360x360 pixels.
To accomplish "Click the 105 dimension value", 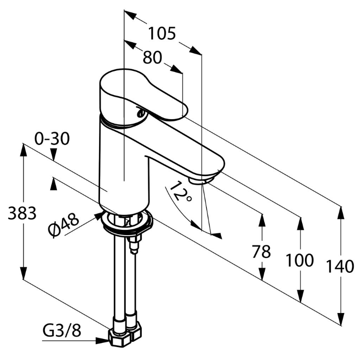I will click(161, 34).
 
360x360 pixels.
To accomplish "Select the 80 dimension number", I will click(152, 57).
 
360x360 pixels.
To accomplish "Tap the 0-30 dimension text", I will click(52, 139).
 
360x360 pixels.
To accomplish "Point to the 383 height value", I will click(22, 213).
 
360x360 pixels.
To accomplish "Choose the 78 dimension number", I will click(261, 251).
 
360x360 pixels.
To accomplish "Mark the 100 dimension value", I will click(300, 260).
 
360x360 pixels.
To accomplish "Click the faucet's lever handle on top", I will click(144, 93).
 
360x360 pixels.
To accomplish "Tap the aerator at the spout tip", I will click(201, 180).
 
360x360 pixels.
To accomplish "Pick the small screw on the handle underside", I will click(140, 113).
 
